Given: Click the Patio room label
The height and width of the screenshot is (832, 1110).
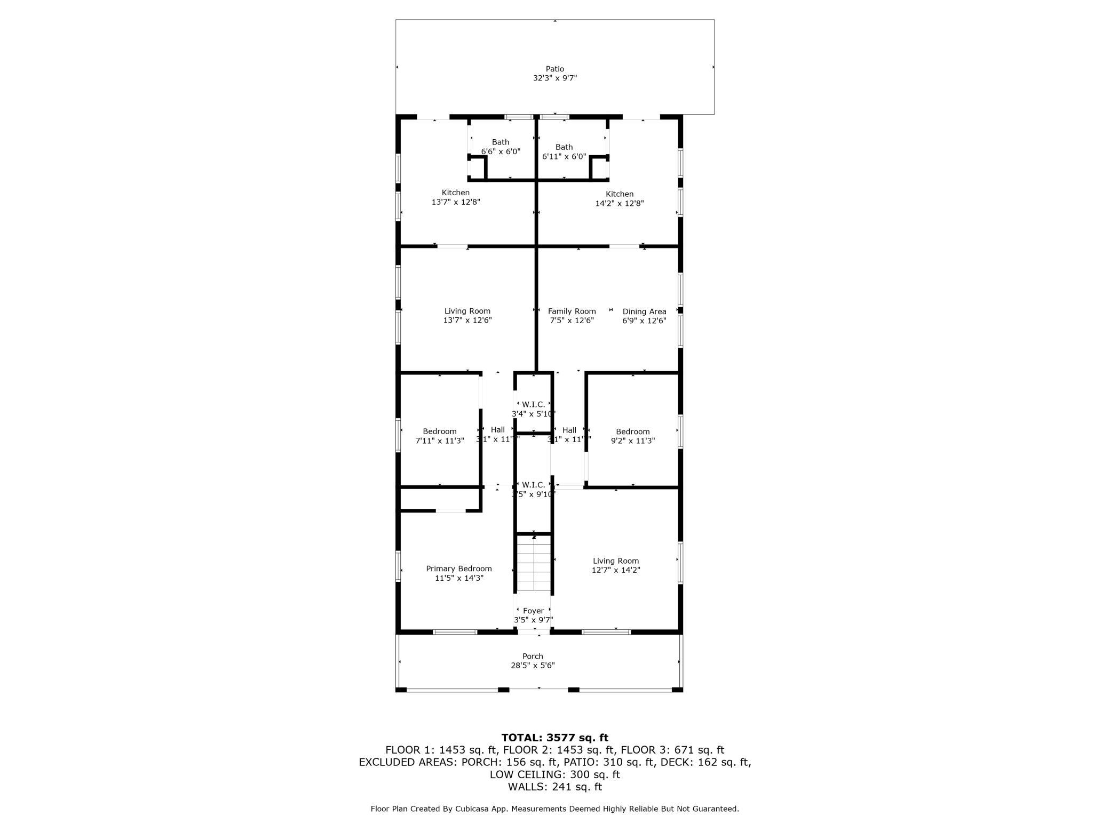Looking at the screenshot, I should pyautogui.click(x=554, y=69).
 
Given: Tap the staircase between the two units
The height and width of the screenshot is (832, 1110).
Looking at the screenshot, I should pyautogui.click(x=534, y=564).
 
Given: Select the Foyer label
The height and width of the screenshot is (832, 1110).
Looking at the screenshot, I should pyautogui.click(x=533, y=611).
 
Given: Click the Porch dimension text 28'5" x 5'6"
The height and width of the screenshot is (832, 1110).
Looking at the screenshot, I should pyautogui.click(x=533, y=666).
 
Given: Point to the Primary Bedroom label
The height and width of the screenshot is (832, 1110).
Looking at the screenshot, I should pyautogui.click(x=458, y=569).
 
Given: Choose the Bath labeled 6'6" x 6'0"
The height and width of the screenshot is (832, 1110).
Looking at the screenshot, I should pyautogui.click(x=501, y=147).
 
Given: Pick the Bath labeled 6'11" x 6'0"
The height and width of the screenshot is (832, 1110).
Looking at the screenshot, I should pyautogui.click(x=564, y=151).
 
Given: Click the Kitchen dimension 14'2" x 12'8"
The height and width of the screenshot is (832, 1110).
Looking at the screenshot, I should pyautogui.click(x=620, y=203).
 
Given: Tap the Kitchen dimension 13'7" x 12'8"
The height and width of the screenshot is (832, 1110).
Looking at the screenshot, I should pyautogui.click(x=456, y=202).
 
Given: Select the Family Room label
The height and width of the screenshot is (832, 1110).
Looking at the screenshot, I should pyautogui.click(x=572, y=311).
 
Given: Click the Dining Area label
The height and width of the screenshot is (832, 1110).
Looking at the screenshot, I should pyautogui.click(x=644, y=311).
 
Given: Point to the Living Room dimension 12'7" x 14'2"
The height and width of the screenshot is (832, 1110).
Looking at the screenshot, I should pyautogui.click(x=616, y=570).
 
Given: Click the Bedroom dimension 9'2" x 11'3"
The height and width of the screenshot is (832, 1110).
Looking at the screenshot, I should pyautogui.click(x=633, y=441).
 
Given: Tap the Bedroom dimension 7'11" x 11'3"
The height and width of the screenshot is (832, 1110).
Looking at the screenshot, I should pyautogui.click(x=440, y=441).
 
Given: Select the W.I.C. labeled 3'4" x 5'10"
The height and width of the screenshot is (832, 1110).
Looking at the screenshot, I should pyautogui.click(x=533, y=409).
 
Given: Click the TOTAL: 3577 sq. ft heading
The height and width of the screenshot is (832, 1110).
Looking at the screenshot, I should pyautogui.click(x=554, y=738).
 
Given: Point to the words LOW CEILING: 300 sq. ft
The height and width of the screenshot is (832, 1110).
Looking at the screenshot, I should pyautogui.click(x=554, y=774).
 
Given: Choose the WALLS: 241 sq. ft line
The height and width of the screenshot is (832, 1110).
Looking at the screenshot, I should pyautogui.click(x=554, y=787).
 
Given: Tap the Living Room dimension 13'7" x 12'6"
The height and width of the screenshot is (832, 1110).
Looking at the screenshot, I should pyautogui.click(x=467, y=321).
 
